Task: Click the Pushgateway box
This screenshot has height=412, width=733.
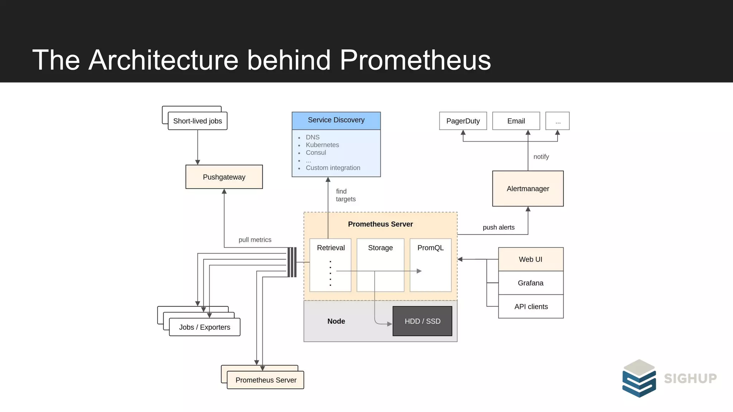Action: pos(224,177)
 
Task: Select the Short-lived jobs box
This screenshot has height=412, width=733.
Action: pos(198,121)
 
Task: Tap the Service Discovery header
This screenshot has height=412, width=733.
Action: pos(336,120)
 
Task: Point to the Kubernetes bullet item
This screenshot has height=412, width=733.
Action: pos(322,145)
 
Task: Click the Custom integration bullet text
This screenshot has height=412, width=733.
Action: pos(333,168)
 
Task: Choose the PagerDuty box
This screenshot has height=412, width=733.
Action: pos(463,121)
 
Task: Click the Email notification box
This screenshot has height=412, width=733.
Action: pos(516,121)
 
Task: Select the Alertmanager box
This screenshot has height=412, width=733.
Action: pos(528,188)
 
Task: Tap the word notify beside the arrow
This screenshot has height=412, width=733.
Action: pos(541,157)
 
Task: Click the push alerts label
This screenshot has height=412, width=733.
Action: pos(498,227)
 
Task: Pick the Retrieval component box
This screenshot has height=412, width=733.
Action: pos(330,265)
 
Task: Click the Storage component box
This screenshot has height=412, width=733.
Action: pos(380,265)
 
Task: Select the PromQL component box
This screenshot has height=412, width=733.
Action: pos(430,265)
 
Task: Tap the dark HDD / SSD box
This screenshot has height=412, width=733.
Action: pos(422,321)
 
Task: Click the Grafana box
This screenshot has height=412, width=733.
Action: pos(530,283)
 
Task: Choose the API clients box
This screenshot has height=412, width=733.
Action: pos(531,306)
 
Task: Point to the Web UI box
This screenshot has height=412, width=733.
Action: pos(530,259)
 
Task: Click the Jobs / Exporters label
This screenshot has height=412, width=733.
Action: pos(204,327)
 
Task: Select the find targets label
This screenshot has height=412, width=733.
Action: pos(345,195)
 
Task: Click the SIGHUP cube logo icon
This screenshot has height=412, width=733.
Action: pos(639,378)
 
